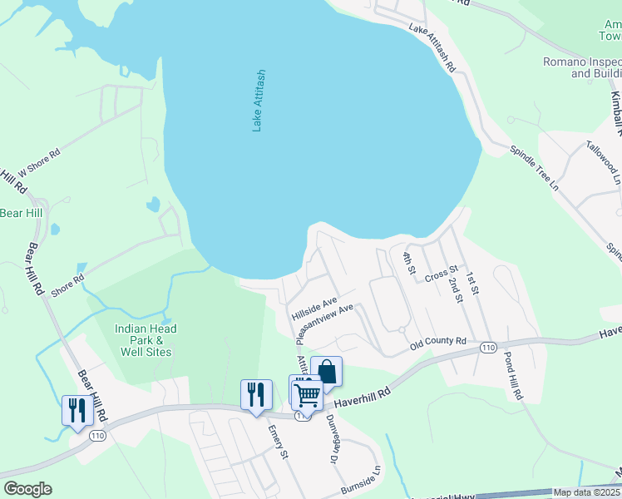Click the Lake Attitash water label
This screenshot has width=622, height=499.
pyautogui.click(x=258, y=100)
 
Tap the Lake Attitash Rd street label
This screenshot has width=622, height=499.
pyautogui.click(x=432, y=47)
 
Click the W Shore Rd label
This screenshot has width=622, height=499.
pyautogui.click(x=39, y=162)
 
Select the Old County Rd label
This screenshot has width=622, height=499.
pyautogui.click(x=437, y=341)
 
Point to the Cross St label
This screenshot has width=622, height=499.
pyautogui.click(x=442, y=274)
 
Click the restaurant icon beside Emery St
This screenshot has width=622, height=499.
pyautogui.click(x=256, y=394)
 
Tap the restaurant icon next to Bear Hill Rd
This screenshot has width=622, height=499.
pyautogui.click(x=77, y=411)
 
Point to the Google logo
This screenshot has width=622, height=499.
pyautogui.click(x=27, y=489)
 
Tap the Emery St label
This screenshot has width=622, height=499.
pyautogui.click(x=278, y=442)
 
